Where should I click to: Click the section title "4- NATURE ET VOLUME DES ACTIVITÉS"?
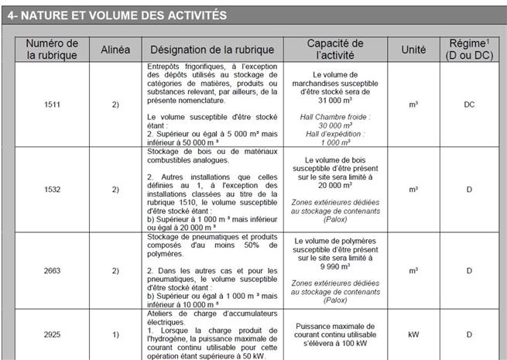(117, 15)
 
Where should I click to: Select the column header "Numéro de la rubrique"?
(53, 50)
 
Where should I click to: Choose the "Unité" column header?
(413, 50)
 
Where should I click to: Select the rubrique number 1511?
(53, 104)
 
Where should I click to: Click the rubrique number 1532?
(53, 188)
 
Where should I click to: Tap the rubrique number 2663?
(53, 271)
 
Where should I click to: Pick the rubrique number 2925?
(53, 334)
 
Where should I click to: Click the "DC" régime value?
(469, 104)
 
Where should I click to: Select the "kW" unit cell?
(413, 334)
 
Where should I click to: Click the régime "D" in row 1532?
(469, 188)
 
